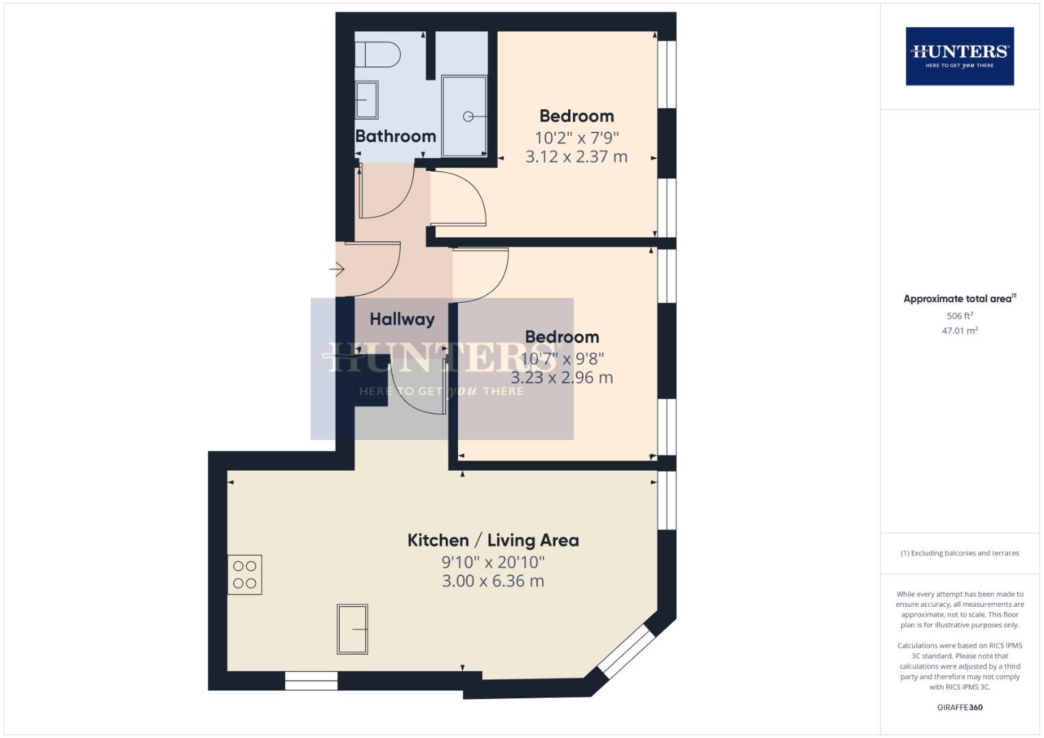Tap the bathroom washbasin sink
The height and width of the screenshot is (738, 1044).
coord(366,100)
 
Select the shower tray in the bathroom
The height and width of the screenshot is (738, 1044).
coord(464,116)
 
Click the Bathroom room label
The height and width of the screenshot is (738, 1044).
coord(395,136)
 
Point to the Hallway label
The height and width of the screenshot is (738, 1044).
coord(402,319)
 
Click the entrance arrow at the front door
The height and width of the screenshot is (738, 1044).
coord(337,270)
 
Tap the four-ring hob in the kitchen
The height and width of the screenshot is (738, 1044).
coord(245,575)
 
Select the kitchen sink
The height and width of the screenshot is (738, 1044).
coord(352,629)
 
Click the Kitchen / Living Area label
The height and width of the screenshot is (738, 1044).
coord(493,541)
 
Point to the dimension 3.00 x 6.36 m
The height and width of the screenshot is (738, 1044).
coord(493,582)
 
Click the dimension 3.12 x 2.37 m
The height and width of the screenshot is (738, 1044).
coord(576,156)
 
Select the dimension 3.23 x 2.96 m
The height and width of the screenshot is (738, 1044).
coord(562,378)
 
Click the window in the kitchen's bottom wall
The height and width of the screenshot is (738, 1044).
coord(311,681)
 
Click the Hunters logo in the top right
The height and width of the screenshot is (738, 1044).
coord(959,56)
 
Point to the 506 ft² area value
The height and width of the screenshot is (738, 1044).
coord(959,316)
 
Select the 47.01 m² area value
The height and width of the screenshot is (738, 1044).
coord(959,331)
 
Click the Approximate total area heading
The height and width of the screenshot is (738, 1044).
coord(959,299)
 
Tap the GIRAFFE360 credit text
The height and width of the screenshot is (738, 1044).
coord(959,707)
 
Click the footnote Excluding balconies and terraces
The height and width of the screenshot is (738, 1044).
coord(959,553)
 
